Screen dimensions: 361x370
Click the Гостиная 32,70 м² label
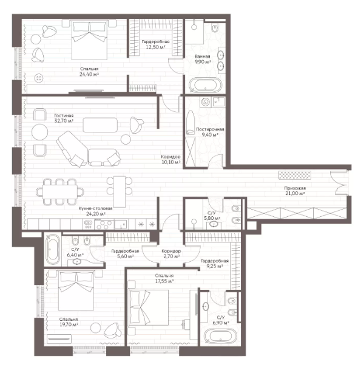64,118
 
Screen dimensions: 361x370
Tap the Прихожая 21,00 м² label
295,191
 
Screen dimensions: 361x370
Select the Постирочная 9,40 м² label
210,132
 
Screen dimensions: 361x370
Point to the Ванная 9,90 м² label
203,59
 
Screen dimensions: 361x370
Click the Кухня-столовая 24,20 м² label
96,211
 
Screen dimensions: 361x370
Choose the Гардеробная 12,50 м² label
155,44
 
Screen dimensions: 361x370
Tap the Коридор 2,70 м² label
171,254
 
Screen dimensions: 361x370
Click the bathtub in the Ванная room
206,84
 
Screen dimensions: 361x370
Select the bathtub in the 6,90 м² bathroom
220,336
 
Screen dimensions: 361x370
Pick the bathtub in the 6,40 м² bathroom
53,249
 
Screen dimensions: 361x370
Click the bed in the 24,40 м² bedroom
90,40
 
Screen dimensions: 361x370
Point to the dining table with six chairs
60,191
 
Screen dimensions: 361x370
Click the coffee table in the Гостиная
100,125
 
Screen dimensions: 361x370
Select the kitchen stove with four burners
104,224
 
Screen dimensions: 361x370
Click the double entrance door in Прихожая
339,183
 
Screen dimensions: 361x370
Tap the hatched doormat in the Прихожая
295,175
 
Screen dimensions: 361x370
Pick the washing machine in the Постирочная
206,102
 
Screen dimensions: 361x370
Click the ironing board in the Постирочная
190,123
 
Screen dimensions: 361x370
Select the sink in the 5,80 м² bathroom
214,224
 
